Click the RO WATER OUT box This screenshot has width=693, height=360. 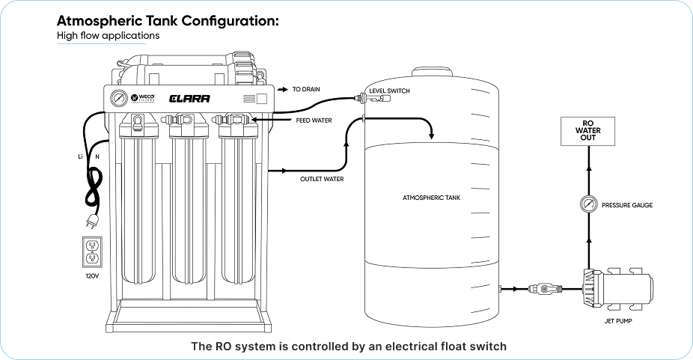click(x=587, y=131)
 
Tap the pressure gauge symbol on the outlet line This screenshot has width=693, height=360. click(x=587, y=204)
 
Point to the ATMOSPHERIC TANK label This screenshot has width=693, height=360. click(x=430, y=198)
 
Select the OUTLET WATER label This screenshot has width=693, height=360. click(x=322, y=179)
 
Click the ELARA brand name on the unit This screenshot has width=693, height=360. click(x=189, y=99)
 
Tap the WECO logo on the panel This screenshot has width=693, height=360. click(x=141, y=98)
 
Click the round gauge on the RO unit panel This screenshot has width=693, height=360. click(x=117, y=99)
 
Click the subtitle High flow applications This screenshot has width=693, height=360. click(x=108, y=35)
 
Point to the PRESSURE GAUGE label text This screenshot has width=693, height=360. click(x=627, y=204)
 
